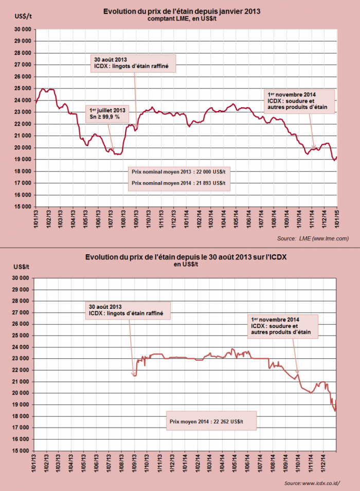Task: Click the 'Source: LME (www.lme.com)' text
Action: pyautogui.click(x=313, y=238)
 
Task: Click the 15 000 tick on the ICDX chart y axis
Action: pyautogui.click(x=21, y=451)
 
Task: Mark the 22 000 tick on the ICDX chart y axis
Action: pyautogui.click(x=21, y=370)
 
